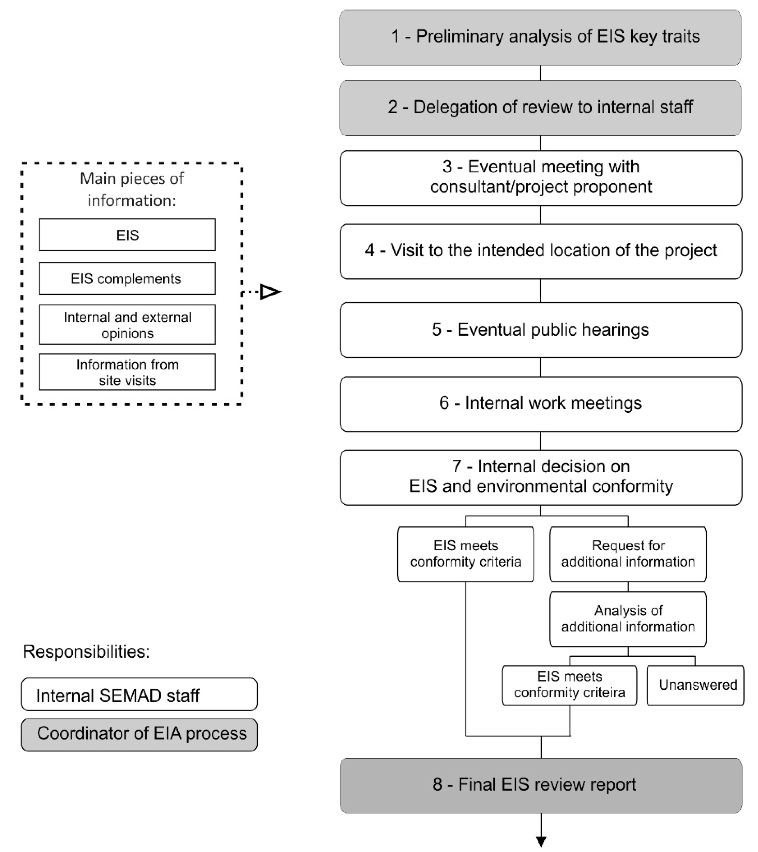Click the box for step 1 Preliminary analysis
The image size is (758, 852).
pyautogui.click(x=541, y=38)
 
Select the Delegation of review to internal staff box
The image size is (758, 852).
pyautogui.click(x=541, y=108)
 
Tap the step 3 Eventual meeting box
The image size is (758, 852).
pyautogui.click(x=541, y=178)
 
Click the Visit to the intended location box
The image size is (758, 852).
pyautogui.click(x=541, y=251)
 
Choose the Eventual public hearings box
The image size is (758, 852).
pyautogui.click(x=541, y=330)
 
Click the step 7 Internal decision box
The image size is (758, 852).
pyautogui.click(x=541, y=477)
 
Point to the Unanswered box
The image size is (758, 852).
pyautogui.click(x=695, y=685)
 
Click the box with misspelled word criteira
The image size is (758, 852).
pyautogui.click(x=569, y=685)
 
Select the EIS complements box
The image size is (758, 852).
pyautogui.click(x=127, y=278)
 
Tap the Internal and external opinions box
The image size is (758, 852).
pyautogui.click(x=127, y=325)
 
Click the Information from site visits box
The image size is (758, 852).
pyautogui.click(x=127, y=372)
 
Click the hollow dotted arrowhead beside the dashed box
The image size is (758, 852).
pyautogui.click(x=270, y=291)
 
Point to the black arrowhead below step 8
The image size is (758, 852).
pyautogui.click(x=541, y=841)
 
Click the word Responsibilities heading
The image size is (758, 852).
pyautogui.click(x=86, y=651)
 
